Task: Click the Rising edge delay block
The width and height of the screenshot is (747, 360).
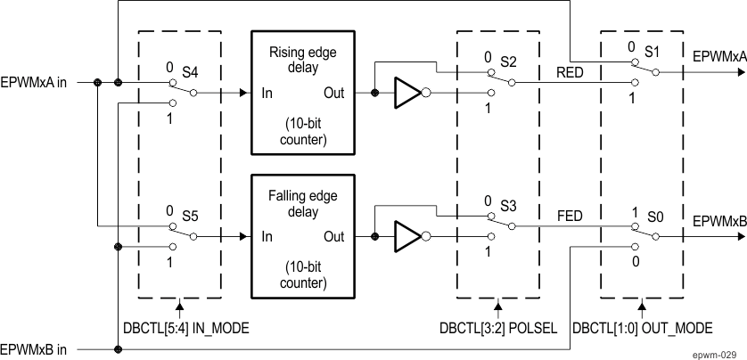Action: point(303,91)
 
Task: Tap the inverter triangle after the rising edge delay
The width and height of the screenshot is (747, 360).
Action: point(407,92)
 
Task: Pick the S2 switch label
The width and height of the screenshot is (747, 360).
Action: point(508,61)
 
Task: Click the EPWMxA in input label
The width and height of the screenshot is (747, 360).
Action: point(35,83)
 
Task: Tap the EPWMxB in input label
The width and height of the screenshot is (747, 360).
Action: point(35,350)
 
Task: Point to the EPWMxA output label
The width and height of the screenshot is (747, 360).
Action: point(719,56)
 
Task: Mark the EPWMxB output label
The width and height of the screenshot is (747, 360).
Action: point(719,220)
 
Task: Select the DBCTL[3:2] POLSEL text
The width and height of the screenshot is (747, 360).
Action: point(500,328)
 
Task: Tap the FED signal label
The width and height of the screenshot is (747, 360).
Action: point(570,217)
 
